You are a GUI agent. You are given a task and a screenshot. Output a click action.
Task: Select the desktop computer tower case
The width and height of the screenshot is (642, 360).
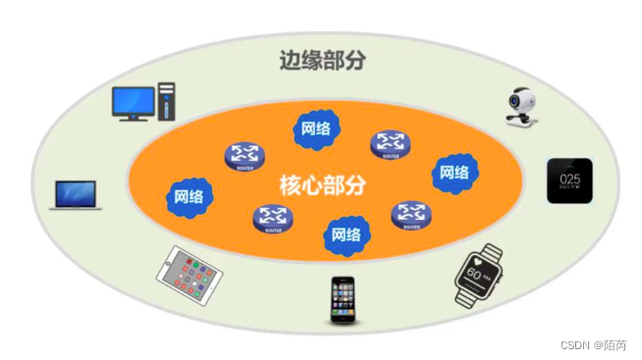(x=167, y=103)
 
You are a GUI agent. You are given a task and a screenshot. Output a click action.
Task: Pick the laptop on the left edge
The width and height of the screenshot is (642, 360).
(x=77, y=194)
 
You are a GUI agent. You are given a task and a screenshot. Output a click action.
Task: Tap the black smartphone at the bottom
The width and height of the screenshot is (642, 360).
(x=342, y=298)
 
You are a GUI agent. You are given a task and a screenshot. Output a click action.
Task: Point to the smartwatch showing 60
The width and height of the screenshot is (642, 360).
(x=478, y=275)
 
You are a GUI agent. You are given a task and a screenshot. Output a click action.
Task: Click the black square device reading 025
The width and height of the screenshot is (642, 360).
(x=569, y=180)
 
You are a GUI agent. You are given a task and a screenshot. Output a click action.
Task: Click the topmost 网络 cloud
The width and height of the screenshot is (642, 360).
(x=315, y=129)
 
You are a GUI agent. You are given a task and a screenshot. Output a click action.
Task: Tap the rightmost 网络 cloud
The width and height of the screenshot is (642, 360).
(x=454, y=173)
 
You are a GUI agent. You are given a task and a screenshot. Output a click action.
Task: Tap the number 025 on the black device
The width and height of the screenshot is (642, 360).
(x=569, y=180)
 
